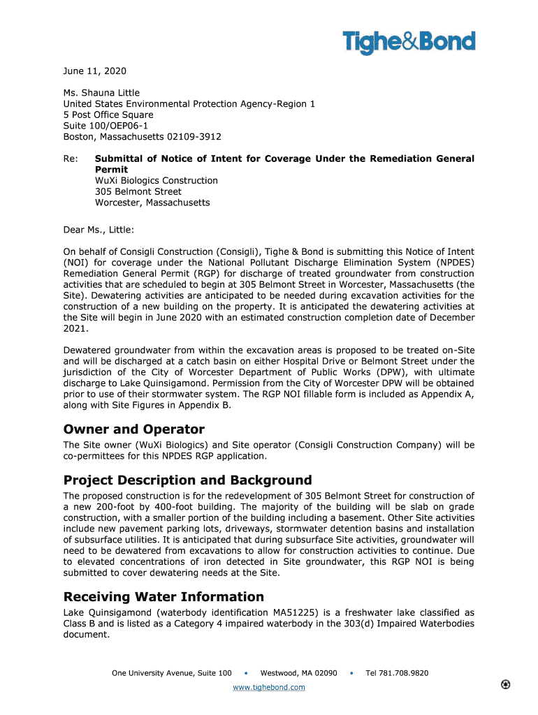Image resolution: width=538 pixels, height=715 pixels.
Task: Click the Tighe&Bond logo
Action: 409,43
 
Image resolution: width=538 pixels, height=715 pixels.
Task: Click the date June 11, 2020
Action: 95,71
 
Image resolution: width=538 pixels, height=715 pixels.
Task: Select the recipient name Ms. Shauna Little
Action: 101,93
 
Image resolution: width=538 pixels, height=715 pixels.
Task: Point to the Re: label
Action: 71,159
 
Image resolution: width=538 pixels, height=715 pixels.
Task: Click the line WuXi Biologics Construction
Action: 157,181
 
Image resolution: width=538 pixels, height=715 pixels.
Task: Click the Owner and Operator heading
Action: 133,429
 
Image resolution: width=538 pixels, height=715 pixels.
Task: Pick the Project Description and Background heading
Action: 187,480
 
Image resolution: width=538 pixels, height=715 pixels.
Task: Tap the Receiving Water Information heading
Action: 163,597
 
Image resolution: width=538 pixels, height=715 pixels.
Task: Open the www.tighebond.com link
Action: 268,688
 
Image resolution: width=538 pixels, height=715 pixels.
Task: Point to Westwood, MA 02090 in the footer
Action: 298,673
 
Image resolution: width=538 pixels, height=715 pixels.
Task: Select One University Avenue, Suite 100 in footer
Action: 171,673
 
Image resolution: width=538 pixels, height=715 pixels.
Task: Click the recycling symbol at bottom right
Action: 505,684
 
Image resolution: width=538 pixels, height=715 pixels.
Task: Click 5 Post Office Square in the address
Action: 108,115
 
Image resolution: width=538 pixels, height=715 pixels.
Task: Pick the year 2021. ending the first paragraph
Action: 76,328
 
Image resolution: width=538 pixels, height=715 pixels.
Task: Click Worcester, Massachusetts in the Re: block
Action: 152,202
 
